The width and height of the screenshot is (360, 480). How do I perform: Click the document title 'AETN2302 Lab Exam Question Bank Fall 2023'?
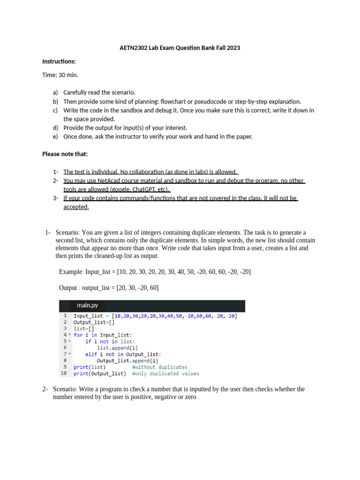[x=180, y=48]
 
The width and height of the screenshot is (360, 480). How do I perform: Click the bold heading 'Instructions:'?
[x=59, y=61]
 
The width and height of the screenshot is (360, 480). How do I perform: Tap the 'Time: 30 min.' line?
[x=60, y=75]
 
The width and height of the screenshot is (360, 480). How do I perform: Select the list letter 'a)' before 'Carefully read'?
[x=55, y=92]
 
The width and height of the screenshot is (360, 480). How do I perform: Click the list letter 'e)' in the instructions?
[x=55, y=136]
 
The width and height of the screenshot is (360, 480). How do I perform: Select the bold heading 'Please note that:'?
[x=65, y=154]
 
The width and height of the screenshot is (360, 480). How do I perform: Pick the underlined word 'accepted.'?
[x=76, y=207]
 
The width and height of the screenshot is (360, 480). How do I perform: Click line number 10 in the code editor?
[x=63, y=374]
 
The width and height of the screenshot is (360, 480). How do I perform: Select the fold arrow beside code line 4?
[x=69, y=335]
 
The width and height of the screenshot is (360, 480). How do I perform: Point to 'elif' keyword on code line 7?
[x=91, y=354]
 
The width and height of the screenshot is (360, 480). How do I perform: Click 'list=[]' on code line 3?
[x=80, y=329]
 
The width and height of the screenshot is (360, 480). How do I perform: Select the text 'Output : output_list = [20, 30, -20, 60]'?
[x=109, y=287]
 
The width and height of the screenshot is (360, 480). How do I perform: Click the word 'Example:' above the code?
[x=71, y=272]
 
